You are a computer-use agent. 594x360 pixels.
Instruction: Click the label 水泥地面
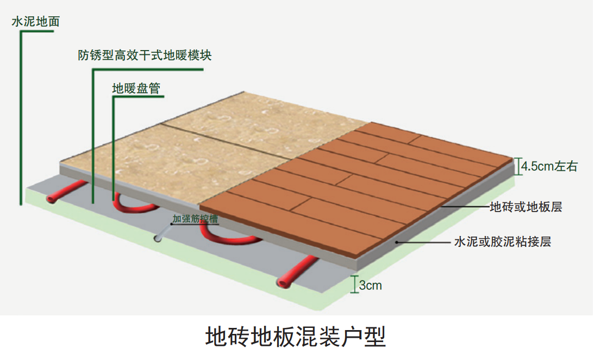point(36,22)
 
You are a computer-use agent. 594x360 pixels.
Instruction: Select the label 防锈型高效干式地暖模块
point(145,55)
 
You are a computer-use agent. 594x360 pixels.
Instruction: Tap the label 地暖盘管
point(136,88)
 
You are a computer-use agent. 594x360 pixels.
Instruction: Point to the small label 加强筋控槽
point(195,219)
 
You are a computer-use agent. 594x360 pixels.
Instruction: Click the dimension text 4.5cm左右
point(549,166)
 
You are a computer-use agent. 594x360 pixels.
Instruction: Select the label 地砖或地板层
point(526,207)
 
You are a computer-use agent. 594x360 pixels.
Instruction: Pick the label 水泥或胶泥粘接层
point(502,241)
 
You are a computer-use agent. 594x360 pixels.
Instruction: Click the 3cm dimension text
point(370,285)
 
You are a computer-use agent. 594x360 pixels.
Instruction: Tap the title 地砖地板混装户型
point(296,337)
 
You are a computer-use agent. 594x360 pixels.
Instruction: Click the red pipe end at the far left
point(51,199)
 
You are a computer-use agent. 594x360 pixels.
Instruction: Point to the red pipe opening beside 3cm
point(282,282)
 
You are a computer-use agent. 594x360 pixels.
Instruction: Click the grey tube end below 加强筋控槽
point(157,238)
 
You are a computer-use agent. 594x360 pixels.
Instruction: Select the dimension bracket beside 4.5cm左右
point(517,166)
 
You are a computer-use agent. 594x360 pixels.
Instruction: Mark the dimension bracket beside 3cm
point(354,284)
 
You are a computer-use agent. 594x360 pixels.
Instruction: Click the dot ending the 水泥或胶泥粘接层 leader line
point(397,242)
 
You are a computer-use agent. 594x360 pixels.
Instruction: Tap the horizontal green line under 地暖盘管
point(138,97)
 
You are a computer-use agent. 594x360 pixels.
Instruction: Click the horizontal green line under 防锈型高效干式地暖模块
point(148,70)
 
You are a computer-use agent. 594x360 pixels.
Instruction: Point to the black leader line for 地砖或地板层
point(465,207)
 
